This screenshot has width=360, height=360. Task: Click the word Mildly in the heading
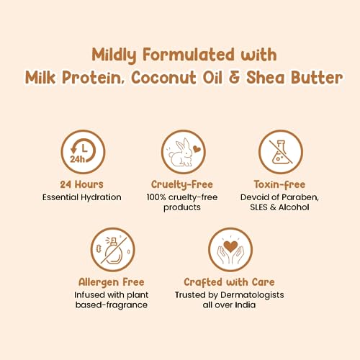click(x=114, y=55)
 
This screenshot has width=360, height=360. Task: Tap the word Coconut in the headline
click(x=163, y=78)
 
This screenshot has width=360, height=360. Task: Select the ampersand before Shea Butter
click(x=234, y=78)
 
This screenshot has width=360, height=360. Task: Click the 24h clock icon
click(x=83, y=152)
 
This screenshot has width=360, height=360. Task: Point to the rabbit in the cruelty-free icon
click(x=181, y=153)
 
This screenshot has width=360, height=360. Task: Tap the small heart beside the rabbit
click(x=197, y=149)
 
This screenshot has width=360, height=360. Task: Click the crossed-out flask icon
click(x=281, y=152)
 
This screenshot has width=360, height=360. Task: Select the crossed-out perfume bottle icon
click(x=112, y=250)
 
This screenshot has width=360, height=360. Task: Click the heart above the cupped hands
click(x=230, y=246)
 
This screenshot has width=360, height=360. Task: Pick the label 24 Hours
click(x=81, y=184)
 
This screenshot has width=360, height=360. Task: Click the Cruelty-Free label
click(x=182, y=185)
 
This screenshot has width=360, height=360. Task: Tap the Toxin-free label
click(x=279, y=185)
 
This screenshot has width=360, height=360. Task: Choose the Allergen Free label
click(x=112, y=282)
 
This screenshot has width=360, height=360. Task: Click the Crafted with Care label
click(x=229, y=282)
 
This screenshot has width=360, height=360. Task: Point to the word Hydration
click(x=101, y=197)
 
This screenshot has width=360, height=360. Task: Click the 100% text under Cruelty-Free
click(x=156, y=197)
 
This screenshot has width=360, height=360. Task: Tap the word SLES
click(x=258, y=207)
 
